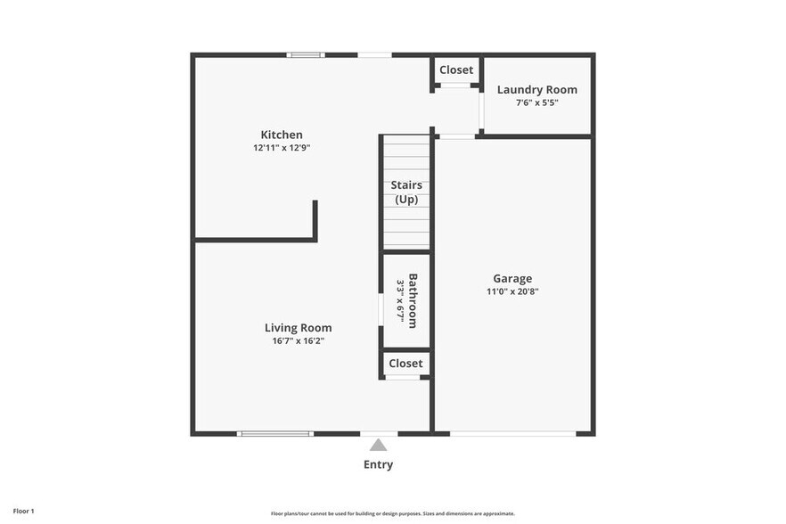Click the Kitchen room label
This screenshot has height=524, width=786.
pyautogui.click(x=281, y=135)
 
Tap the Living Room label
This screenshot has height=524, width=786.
pyautogui.click(x=298, y=328)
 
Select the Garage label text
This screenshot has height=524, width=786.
pyautogui.click(x=512, y=278)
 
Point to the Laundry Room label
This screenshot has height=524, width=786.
pyautogui.click(x=536, y=89)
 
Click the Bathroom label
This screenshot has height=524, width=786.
pyautogui.click(x=413, y=300)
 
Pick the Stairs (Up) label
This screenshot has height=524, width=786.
pyautogui.click(x=406, y=192)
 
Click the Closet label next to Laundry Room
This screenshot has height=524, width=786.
pyautogui.click(x=456, y=70)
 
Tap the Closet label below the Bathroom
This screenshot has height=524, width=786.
pyautogui.click(x=405, y=364)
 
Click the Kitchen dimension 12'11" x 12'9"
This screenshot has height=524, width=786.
pyautogui.click(x=281, y=148)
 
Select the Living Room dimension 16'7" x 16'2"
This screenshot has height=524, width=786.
pyautogui.click(x=298, y=340)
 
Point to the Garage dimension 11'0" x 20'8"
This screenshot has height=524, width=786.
pyautogui.click(x=512, y=291)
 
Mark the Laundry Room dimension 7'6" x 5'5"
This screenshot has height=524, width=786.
pyautogui.click(x=536, y=102)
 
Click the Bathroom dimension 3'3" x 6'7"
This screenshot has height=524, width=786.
pyautogui.click(x=400, y=300)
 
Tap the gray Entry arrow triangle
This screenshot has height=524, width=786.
pyautogui.click(x=379, y=445)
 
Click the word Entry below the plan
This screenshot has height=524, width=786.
pyautogui.click(x=378, y=464)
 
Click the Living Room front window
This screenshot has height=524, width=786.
pyautogui.click(x=275, y=434)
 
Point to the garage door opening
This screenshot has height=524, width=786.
pyautogui.click(x=512, y=434)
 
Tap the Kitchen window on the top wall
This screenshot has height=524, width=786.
pyautogui.click(x=306, y=55)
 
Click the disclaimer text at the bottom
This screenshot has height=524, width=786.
pyautogui.click(x=392, y=513)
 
